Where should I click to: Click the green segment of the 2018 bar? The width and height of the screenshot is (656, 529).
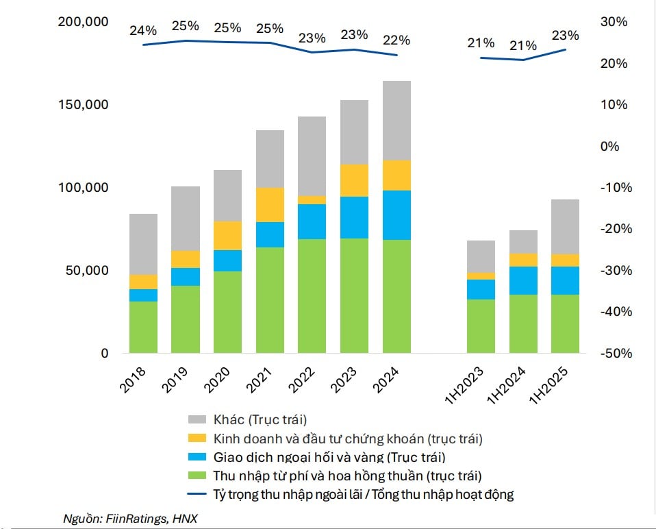143,327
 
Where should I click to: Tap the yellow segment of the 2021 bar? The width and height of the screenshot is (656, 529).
270,204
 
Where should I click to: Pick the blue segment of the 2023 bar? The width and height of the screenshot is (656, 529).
354,217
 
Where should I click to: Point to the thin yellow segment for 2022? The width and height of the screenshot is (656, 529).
312,199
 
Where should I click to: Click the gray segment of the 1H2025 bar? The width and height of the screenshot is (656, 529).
565,226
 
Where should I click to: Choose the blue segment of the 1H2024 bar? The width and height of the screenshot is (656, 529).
523,280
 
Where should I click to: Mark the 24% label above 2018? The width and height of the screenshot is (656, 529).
142,30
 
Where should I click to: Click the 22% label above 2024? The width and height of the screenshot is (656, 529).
396,40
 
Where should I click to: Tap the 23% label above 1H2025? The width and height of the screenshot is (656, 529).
565,35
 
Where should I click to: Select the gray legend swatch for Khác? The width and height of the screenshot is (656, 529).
197,420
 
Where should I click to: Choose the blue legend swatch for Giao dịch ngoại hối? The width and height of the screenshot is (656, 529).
197,457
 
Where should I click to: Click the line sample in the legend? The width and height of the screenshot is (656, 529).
197,494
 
